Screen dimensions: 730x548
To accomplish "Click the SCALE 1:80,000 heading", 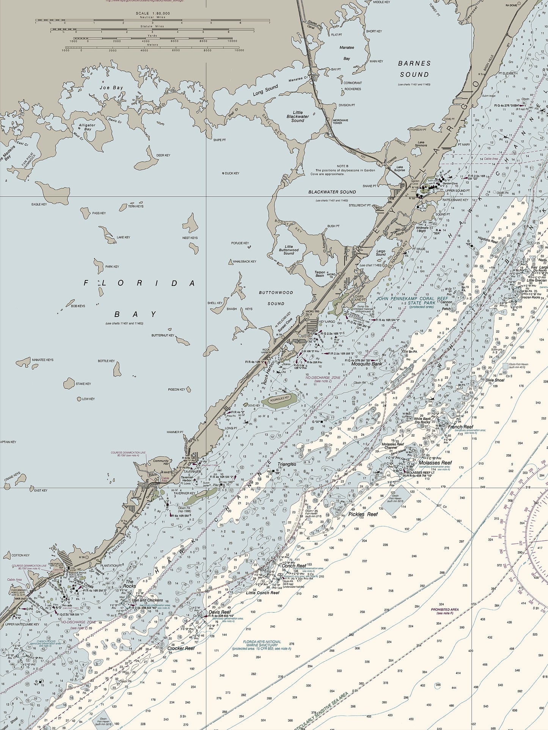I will point(153,13).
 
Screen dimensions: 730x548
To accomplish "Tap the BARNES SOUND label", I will point(415,69).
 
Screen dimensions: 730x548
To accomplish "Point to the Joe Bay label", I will point(111,88).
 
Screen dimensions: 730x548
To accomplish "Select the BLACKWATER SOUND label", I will point(332,192).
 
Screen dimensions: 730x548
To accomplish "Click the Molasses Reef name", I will point(435,463).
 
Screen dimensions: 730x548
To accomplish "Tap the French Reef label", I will point(460,427).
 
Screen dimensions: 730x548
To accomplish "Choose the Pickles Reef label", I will point(363,514).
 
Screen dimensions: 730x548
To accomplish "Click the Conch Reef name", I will point(294,566).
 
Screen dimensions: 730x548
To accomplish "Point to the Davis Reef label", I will point(220,612).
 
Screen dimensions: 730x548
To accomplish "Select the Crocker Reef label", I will point(181,648).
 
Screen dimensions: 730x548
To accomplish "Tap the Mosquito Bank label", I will point(367,364).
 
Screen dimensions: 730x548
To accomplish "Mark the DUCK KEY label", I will point(232,173).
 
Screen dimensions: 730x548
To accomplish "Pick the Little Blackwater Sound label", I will point(298,116).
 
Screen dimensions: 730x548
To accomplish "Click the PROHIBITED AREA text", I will point(445,610).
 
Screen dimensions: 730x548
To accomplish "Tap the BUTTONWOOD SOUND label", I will point(276,298).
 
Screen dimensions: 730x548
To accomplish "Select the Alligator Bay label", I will point(87,127).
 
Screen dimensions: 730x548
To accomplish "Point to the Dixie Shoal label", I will point(495,380).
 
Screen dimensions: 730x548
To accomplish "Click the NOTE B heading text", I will point(342,166).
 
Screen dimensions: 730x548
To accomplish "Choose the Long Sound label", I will point(265,90).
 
